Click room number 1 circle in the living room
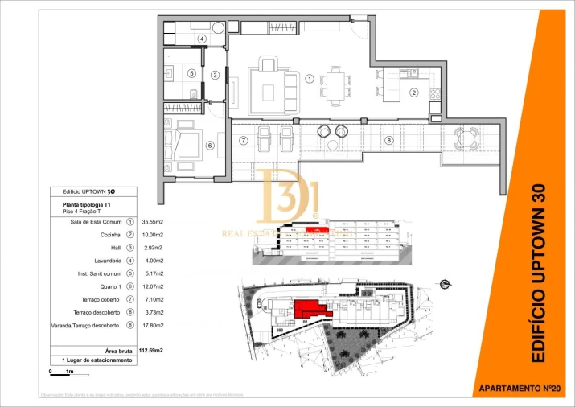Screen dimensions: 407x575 [x=310, y=78]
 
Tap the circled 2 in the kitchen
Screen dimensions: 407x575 [x=414, y=92]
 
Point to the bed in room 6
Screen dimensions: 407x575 [x=189, y=146]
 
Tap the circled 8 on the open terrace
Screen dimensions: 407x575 [x=389, y=141]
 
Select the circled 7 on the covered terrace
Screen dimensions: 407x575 [x=244, y=141]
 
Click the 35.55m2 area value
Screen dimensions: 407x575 [x=153, y=221]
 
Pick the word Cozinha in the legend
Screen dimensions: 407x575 [x=109, y=234]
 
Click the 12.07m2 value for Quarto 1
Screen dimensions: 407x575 [x=153, y=286]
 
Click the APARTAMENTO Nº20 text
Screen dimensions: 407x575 [x=519, y=388]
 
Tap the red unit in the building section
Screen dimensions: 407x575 [x=319, y=229]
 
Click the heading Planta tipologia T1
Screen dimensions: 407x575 [x=87, y=205]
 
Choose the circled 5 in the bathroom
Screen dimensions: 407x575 [x=191, y=73]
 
